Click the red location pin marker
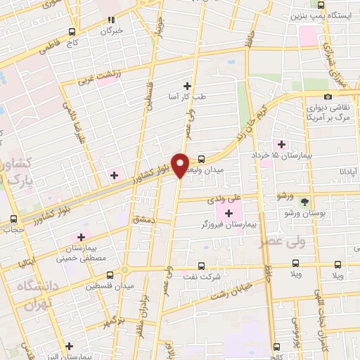coord(181,165)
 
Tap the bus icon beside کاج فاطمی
coord(72,32)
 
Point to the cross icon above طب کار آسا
coord(187,86)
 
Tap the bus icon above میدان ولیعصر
coord(202,158)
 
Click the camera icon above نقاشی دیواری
coord(328,97)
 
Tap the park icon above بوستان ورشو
coord(304,200)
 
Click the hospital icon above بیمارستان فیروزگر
coord(229,212)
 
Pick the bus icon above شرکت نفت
coord(202,266)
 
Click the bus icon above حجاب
coord(13,219)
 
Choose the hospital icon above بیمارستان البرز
coord(69,346)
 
